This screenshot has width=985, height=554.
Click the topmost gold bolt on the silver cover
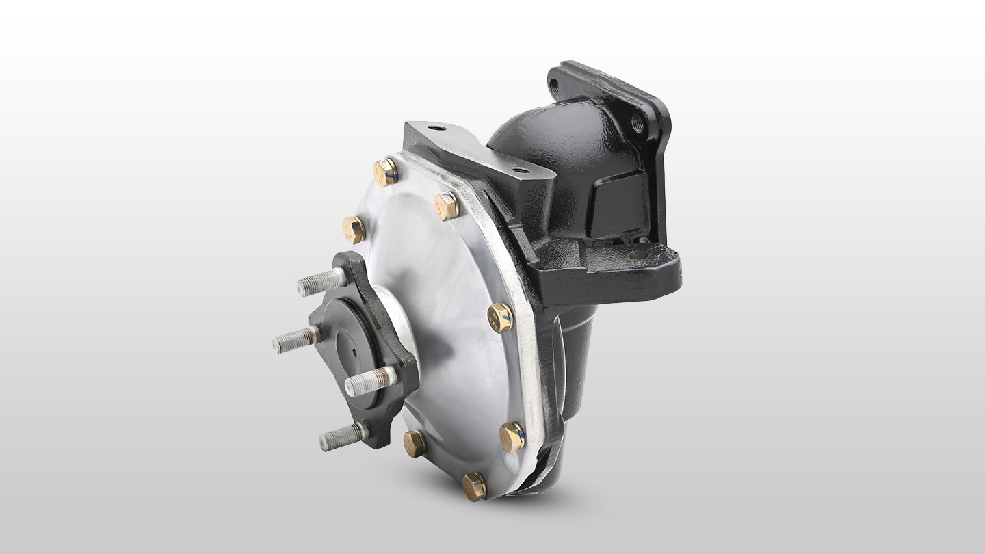[x=386, y=172]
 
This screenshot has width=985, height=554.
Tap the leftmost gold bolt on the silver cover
[x=354, y=230]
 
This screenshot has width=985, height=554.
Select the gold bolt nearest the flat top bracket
[x=447, y=205]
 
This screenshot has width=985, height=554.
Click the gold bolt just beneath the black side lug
[x=501, y=317]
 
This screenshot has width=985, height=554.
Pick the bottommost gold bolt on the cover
[x=474, y=486]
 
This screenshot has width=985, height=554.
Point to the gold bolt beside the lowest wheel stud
[x=414, y=443]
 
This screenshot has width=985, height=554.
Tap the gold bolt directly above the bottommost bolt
[x=512, y=437]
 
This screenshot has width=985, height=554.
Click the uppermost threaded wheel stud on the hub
[x=321, y=281]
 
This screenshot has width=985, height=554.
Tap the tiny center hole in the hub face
[x=354, y=354]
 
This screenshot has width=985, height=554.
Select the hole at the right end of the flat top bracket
[x=521, y=170]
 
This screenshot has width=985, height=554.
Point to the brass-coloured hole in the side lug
[x=638, y=255]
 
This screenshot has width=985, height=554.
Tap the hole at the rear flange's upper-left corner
[x=554, y=87]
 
